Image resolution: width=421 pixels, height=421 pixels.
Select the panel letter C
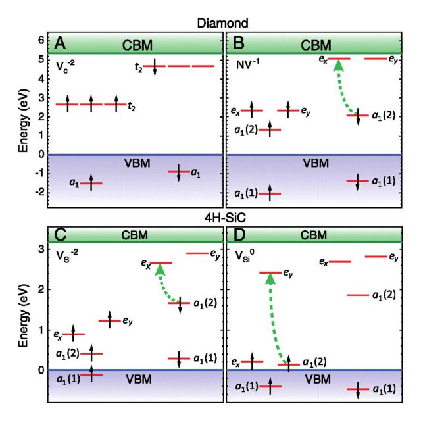click(x=61, y=235)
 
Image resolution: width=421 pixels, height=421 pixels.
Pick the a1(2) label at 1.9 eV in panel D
click(x=384, y=295)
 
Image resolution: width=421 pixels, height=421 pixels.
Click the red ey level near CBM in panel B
click(x=375, y=59)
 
